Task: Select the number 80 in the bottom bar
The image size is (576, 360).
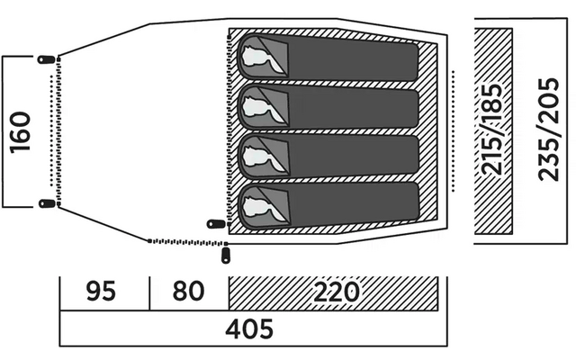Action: click(x=187, y=292)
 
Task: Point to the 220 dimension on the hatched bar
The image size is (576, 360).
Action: click(x=335, y=292)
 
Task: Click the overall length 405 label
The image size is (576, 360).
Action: click(x=249, y=329)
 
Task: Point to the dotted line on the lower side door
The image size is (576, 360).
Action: click(x=184, y=242)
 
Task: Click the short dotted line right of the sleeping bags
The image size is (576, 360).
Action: click(x=453, y=131)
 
